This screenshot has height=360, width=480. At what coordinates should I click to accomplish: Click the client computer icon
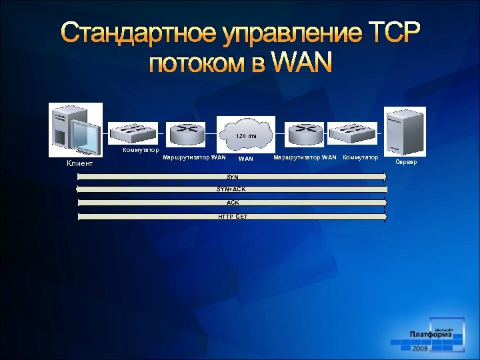(75, 129)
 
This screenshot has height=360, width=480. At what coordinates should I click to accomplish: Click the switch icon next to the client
(133, 133)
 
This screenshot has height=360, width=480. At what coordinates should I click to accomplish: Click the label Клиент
(79, 163)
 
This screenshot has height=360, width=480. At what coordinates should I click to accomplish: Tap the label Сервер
(406, 162)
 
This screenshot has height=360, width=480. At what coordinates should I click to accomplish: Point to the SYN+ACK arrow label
(231, 189)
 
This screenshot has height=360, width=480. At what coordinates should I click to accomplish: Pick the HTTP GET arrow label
(233, 217)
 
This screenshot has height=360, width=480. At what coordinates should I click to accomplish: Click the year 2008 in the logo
(420, 348)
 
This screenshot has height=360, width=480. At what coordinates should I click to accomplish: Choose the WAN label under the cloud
(246, 159)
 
